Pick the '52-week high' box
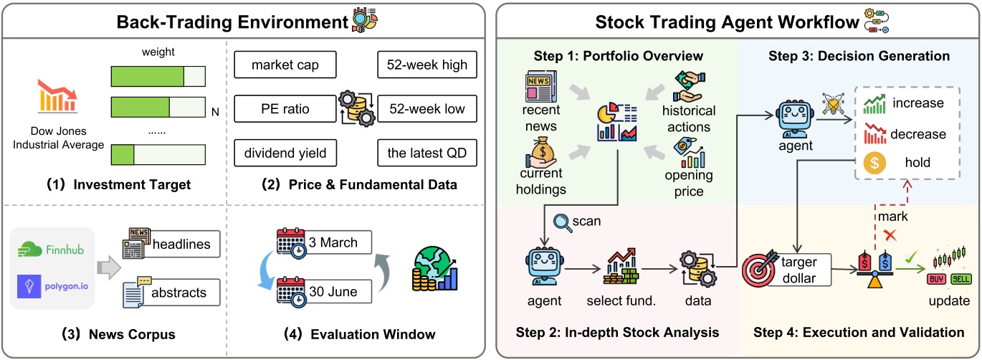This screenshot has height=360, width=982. (423, 66)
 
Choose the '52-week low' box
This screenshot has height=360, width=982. (423, 110)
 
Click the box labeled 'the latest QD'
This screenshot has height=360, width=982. (423, 153)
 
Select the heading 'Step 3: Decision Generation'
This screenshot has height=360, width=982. (859, 55)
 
